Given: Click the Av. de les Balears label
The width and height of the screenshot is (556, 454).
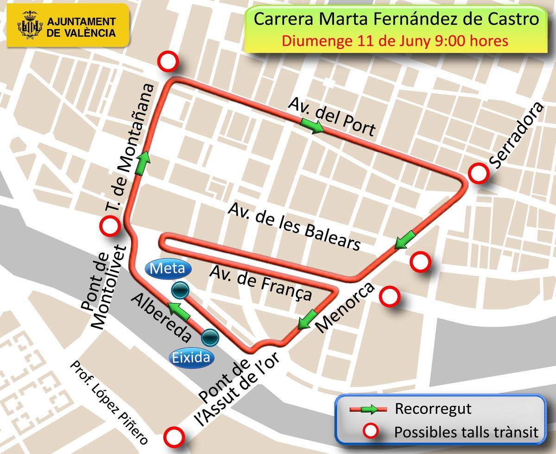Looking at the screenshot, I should (x=294, y=227).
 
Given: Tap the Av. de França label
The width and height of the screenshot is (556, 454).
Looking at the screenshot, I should (x=260, y=283).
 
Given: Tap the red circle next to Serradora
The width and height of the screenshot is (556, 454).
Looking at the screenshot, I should (x=479, y=174).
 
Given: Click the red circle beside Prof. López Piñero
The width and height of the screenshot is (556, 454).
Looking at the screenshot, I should (x=175, y=436).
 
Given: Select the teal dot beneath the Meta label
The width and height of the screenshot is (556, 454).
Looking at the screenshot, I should (x=180, y=290).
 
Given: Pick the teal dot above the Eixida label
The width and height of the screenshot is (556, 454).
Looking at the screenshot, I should (x=210, y=337).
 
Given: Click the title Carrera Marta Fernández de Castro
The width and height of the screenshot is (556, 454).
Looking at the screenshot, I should (x=397, y=20).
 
